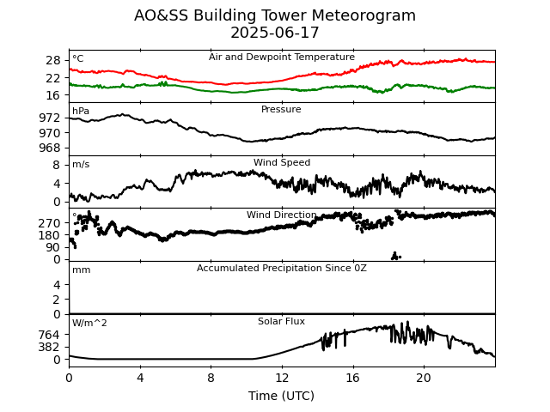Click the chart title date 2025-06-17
point(275,33)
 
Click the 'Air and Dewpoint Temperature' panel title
point(282,58)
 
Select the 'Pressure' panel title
point(281,110)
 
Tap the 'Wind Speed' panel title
point(282,163)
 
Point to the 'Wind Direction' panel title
point(282,215)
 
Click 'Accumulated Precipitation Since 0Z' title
point(282,269)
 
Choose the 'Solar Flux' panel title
point(282,322)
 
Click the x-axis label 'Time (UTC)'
point(282,396)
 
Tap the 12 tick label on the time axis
point(282,378)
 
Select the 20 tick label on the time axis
point(424,378)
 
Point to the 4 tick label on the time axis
point(140,378)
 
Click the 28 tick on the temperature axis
point(53,60)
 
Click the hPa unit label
point(81,112)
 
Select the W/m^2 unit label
point(90,324)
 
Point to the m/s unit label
point(81,165)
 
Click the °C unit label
point(78,59)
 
